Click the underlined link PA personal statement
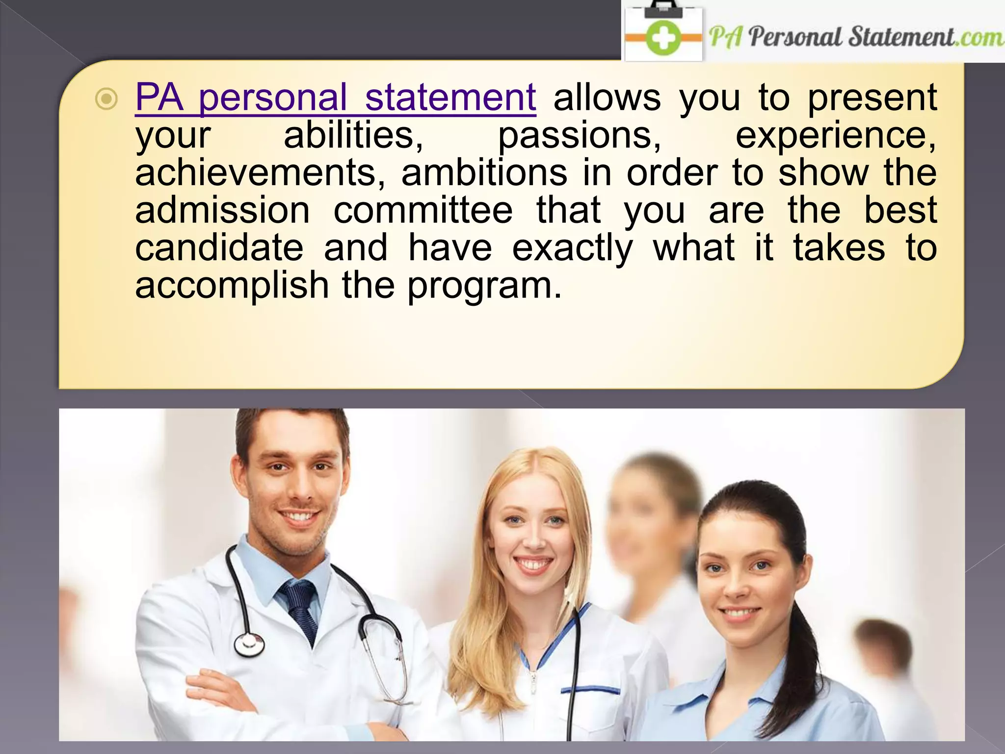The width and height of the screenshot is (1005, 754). tap(335, 98)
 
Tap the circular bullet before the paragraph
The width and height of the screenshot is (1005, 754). tap(106, 100)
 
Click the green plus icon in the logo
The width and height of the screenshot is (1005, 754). tap(663, 38)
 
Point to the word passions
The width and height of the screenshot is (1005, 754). tap(579, 136)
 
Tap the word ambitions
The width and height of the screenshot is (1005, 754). tap(484, 173)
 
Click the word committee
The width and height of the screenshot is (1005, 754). tap(423, 211)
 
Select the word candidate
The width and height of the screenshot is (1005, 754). tap(219, 248)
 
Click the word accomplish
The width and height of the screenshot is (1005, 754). tap(232, 286)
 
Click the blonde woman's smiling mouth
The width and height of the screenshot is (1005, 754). tap(534, 564)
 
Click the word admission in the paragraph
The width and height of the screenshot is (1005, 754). tap(222, 211)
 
